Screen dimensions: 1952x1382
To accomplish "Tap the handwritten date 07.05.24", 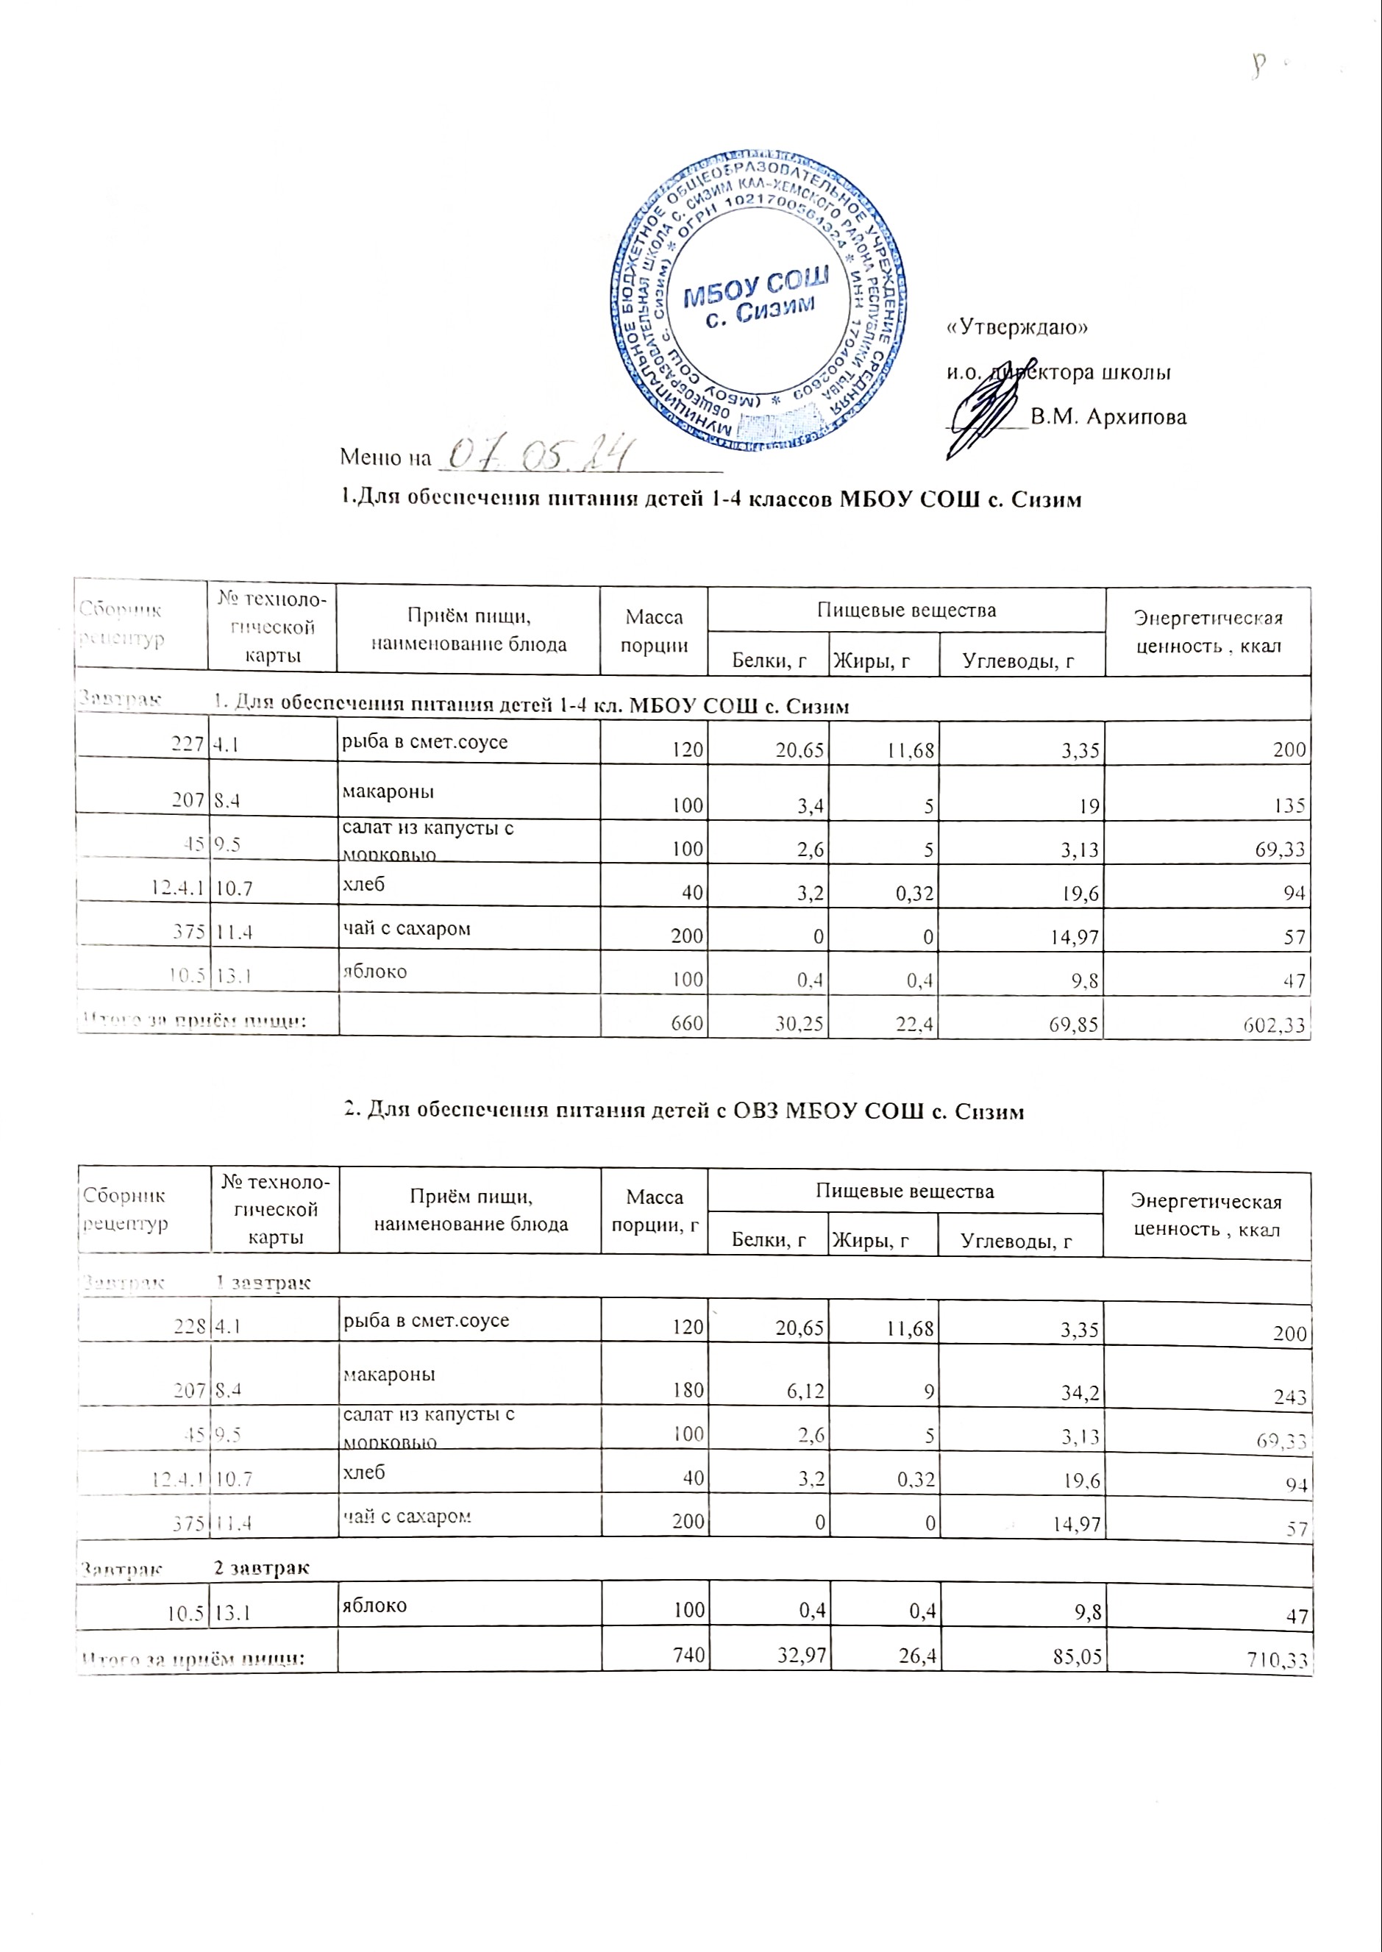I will click(537, 455).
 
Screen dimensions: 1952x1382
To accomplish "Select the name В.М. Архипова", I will click(1108, 417).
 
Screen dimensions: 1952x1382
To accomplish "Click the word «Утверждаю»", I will click(1018, 327).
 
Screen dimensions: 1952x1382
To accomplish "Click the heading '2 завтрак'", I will click(261, 1567).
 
